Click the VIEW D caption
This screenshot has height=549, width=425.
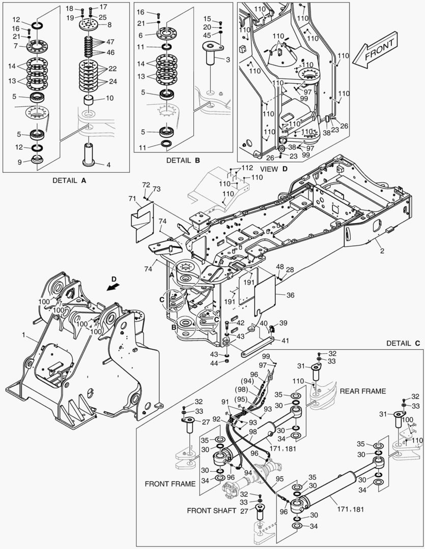point(274,168)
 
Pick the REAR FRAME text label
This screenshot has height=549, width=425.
point(363,391)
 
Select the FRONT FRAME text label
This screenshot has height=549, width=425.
point(170,484)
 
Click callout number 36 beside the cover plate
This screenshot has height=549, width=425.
point(290,294)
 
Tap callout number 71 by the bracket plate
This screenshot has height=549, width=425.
point(132,199)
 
